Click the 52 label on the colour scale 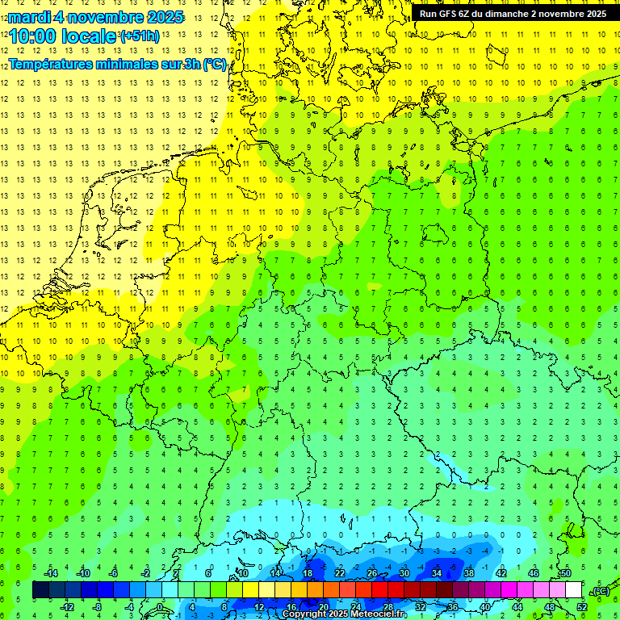(x=581, y=607)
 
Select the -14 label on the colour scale (x=50, y=572)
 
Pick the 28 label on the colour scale (x=387, y=607)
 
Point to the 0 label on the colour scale (x=160, y=607)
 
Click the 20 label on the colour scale (x=323, y=607)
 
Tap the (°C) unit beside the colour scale (x=600, y=591)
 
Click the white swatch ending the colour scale (x=573, y=589)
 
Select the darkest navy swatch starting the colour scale (x=40, y=589)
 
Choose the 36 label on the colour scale (x=452, y=607)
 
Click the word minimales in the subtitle (x=136, y=65)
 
